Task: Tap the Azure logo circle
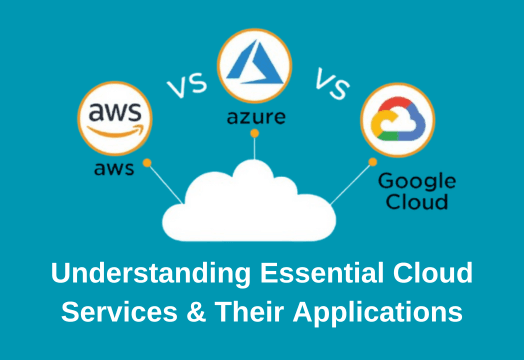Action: [255, 62]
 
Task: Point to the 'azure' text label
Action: [256, 118]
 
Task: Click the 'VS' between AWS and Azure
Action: [185, 86]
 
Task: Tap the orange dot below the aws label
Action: [147, 160]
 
